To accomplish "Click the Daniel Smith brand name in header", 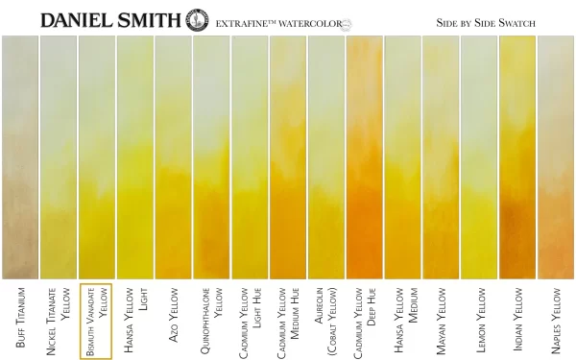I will click(109, 18).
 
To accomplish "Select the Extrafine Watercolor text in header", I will click(278, 21).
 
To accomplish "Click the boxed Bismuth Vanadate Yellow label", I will click(96, 321).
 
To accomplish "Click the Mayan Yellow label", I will click(441, 318).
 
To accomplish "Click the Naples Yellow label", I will click(556, 318).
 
